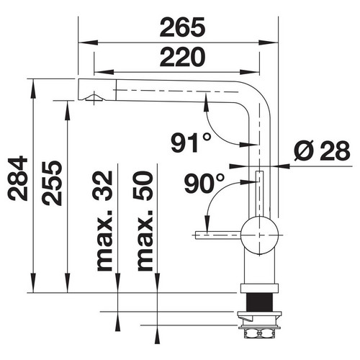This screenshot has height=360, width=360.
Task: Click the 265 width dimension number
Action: [x=182, y=27]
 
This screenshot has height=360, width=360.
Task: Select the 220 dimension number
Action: [x=182, y=57]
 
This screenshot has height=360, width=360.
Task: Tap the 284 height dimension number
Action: [x=18, y=178]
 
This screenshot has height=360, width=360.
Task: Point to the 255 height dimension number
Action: [x=52, y=183]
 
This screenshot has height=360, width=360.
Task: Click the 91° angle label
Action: [x=192, y=143]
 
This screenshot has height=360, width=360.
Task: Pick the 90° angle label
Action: [x=204, y=184]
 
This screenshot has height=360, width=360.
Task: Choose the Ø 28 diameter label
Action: [x=322, y=150]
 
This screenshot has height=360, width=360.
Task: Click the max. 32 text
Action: [x=102, y=221]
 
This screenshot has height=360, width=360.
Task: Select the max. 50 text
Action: [x=143, y=221]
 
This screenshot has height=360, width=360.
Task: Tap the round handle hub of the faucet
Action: [x=259, y=235]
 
